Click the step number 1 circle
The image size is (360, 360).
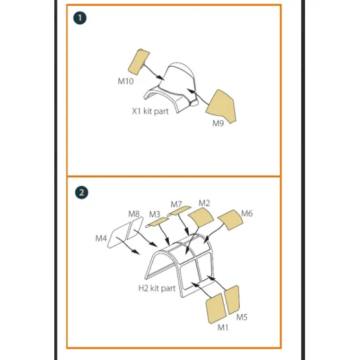81,18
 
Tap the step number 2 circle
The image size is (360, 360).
81,192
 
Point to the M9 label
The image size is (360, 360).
219,122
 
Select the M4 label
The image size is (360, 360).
101,239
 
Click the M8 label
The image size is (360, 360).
134,213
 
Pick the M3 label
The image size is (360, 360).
154,214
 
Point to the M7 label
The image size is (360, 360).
176,204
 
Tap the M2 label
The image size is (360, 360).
204,203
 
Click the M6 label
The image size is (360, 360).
247,213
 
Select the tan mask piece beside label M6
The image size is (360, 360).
230,221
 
